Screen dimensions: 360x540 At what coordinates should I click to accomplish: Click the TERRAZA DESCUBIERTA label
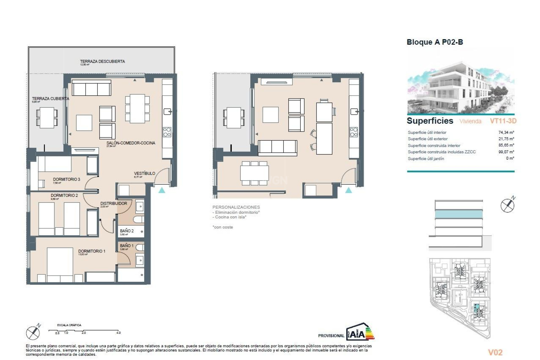coord(102,61)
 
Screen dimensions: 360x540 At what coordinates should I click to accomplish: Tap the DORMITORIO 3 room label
coord(66,179)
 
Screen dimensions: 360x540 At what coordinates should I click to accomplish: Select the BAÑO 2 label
coord(127,231)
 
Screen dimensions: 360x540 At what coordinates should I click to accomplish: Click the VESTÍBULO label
coord(144,173)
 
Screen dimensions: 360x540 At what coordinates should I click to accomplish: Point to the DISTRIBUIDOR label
coord(114,203)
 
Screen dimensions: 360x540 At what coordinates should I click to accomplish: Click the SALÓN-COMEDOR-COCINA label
coord(131,143)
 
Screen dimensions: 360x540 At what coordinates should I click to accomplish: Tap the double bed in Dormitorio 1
coord(60,264)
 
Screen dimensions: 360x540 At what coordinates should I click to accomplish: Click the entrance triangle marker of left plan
coord(162,190)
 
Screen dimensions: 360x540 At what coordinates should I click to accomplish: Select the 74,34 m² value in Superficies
coord(506,132)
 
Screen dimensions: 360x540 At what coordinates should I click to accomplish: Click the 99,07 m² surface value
coord(506,152)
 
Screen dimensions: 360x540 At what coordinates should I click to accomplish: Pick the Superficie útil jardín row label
coord(426,159)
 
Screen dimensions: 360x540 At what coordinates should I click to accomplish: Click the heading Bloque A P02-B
coord(435,42)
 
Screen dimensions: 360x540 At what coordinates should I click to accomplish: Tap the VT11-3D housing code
coord(503,121)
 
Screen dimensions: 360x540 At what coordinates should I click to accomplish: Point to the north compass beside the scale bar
coord(33,333)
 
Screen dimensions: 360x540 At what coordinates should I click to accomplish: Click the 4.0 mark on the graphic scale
coord(118,333)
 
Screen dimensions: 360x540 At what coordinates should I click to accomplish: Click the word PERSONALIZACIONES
coord(236,207)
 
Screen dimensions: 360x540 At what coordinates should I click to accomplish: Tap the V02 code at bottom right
coord(495,352)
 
